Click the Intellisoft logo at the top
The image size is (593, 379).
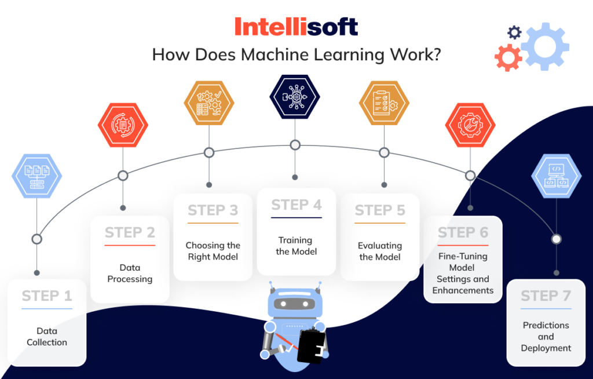click(x=296, y=27)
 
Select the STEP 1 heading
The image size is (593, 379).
click(x=47, y=296)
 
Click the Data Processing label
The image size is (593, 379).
click(x=130, y=274)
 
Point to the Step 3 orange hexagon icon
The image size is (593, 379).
click(x=209, y=103)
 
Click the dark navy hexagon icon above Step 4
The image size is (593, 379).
click(x=295, y=97)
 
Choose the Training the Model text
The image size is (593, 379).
click(x=296, y=246)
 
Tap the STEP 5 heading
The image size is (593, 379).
click(x=380, y=210)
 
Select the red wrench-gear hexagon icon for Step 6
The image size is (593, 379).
click(x=470, y=125)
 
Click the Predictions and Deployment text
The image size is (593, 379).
click(x=546, y=337)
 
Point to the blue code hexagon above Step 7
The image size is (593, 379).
click(x=557, y=176)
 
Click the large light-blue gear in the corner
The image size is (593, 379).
click(x=544, y=46)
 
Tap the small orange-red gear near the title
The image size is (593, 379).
click(x=508, y=58)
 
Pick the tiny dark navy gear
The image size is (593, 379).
click(x=514, y=32)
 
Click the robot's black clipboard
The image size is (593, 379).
click(x=311, y=347)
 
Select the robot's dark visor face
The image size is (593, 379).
click(x=295, y=303)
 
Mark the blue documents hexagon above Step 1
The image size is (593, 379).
click(x=36, y=176)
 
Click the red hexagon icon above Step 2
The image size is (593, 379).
click(x=123, y=125)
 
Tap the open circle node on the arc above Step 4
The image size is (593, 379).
click(x=295, y=145)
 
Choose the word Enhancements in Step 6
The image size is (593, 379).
click(x=463, y=290)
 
